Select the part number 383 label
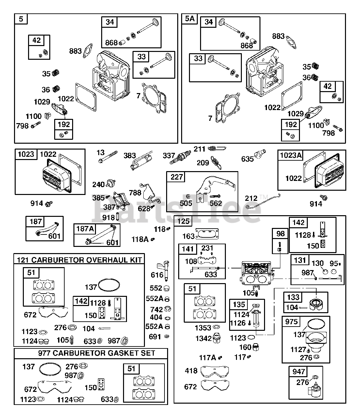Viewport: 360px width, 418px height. point(130,156)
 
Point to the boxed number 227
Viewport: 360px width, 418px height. point(177,177)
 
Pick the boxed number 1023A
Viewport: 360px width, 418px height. point(290,155)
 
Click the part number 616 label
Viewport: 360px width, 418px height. point(157,275)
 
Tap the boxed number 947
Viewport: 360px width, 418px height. point(298,371)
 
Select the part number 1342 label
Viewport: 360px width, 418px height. point(204,339)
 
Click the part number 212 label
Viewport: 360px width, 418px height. point(251,198)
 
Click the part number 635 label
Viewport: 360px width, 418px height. point(247,159)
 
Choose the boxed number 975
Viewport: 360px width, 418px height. point(291,321)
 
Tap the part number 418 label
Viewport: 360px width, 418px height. point(191,371)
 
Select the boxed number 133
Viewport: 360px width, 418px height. point(293,297)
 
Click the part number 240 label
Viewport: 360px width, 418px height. point(99,185)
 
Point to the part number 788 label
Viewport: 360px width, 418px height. point(135,193)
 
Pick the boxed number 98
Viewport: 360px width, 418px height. point(280,234)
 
